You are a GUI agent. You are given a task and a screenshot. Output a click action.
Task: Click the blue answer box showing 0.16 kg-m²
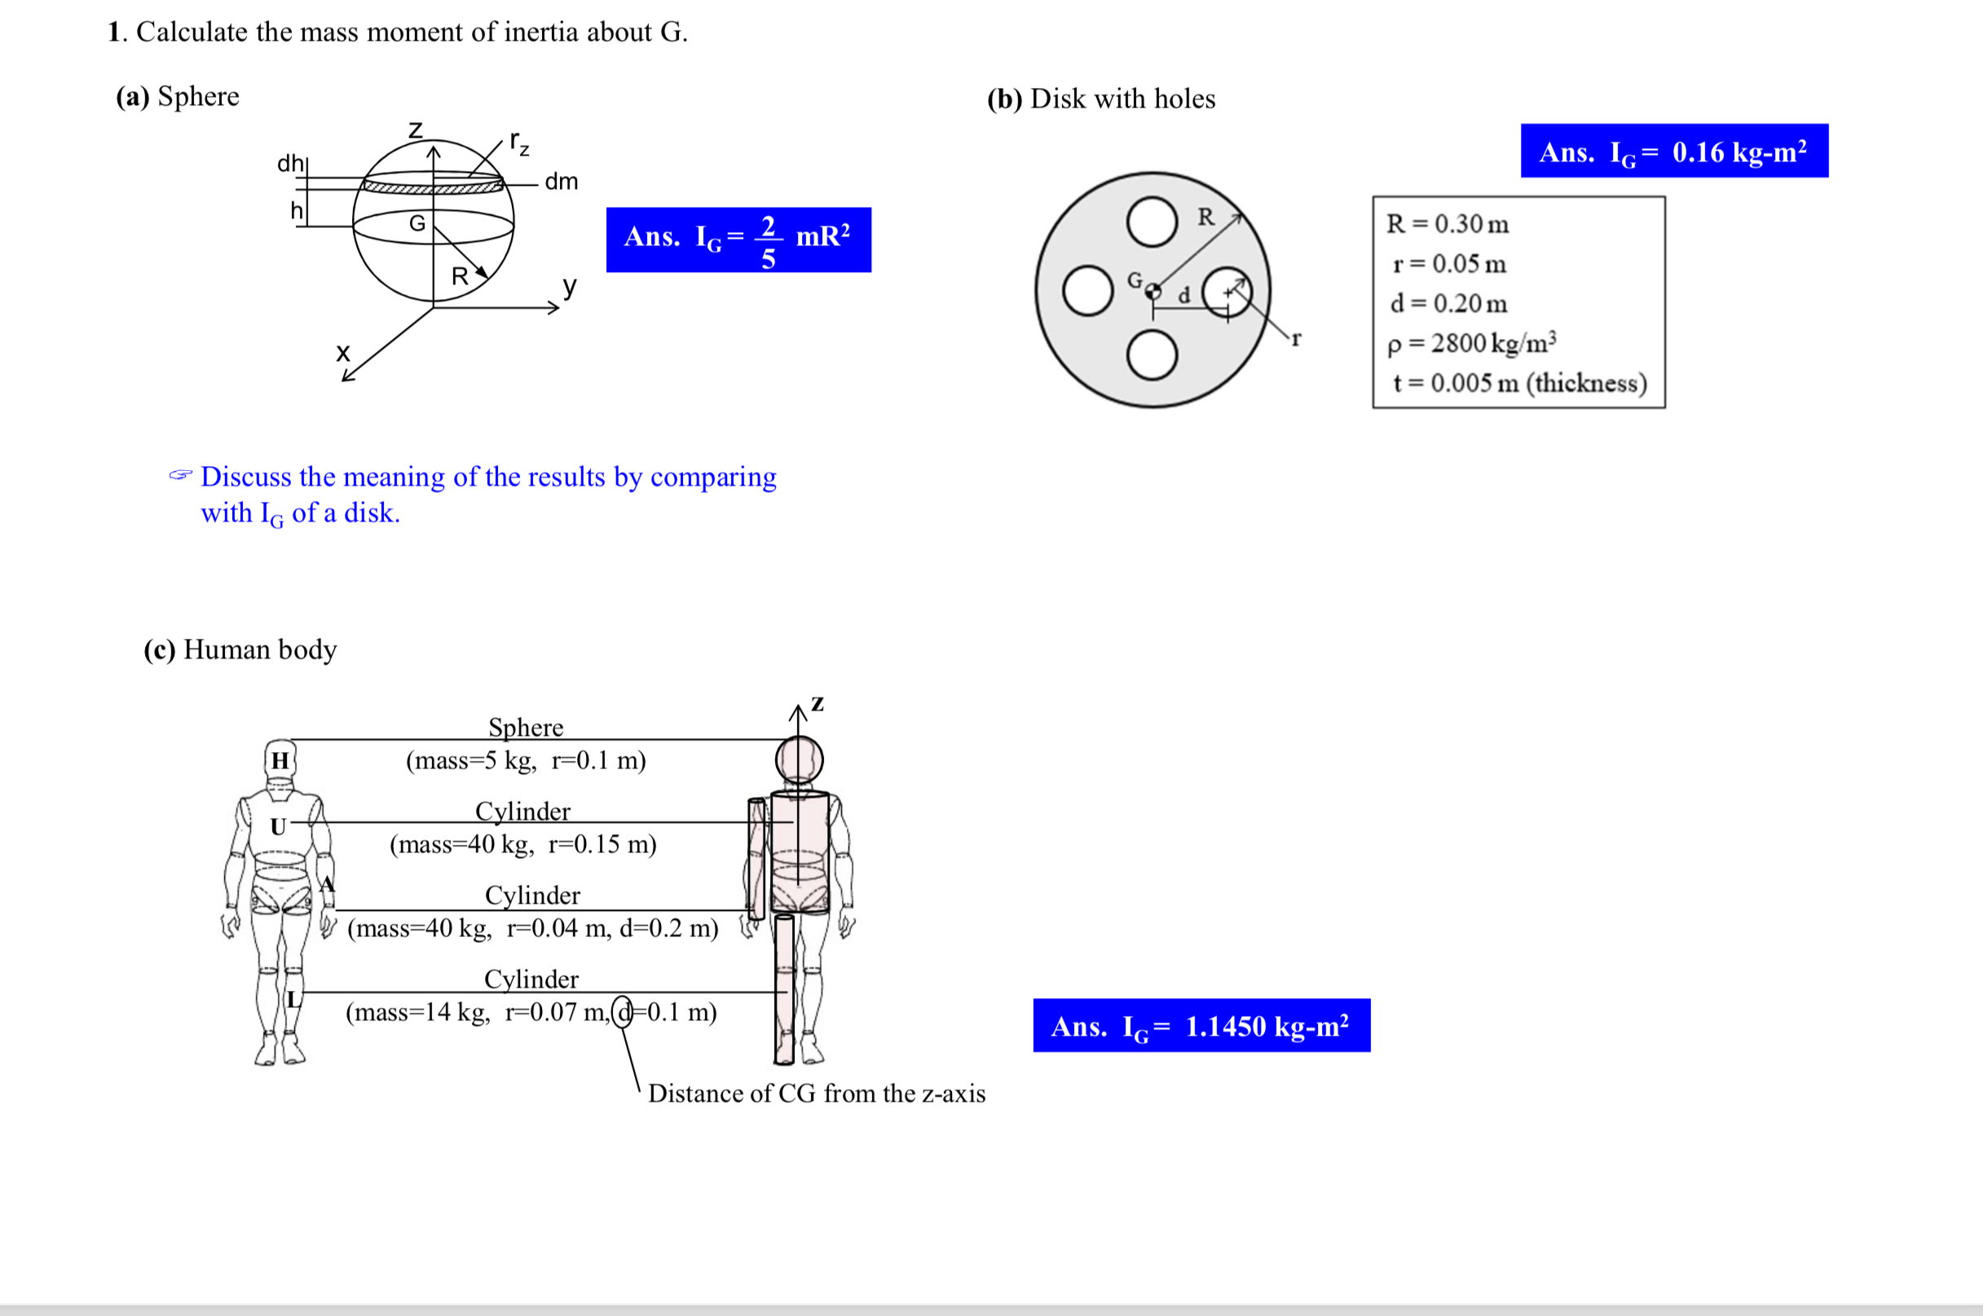(x=1673, y=151)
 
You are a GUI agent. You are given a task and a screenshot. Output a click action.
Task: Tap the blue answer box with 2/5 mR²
(x=738, y=240)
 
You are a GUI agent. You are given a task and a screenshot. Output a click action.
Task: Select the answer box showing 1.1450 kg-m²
(x=1201, y=1025)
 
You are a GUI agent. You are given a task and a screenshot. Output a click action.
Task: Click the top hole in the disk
(x=1152, y=222)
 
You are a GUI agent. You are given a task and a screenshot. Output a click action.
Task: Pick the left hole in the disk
(x=1087, y=290)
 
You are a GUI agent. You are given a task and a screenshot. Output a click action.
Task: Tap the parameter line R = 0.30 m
(x=1447, y=223)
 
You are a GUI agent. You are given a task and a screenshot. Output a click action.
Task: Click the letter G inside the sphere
(x=417, y=223)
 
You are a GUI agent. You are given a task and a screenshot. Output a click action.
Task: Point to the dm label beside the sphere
(x=561, y=181)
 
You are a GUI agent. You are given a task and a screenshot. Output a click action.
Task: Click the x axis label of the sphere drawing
(x=342, y=353)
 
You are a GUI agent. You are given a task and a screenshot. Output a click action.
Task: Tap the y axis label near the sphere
(x=570, y=286)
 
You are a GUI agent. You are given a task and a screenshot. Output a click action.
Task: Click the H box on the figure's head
(x=280, y=760)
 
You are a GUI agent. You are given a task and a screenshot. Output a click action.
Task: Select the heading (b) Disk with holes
(x=1100, y=99)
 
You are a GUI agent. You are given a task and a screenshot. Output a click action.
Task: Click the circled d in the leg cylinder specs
(x=622, y=1012)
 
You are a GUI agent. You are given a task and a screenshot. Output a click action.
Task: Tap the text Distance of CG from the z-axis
(x=816, y=1094)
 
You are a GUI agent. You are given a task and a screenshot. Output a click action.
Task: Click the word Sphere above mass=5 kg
(x=526, y=727)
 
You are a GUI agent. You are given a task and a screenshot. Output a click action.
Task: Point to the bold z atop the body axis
(x=817, y=703)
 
